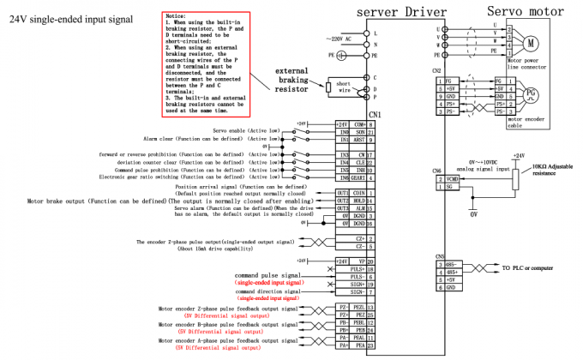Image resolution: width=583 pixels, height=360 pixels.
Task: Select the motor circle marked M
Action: [x=531, y=41]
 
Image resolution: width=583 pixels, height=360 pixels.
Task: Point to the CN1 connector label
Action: [x=374, y=114]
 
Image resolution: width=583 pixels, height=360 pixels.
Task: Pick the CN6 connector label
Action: [x=437, y=171]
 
